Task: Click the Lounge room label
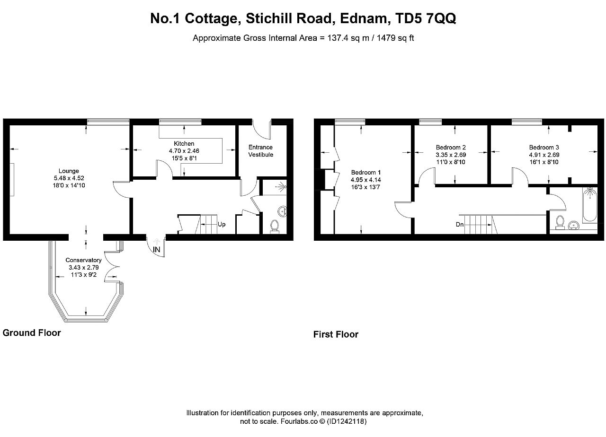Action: pos(69,171)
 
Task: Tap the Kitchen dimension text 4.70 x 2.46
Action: pos(184,151)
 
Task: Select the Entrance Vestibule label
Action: pos(261,151)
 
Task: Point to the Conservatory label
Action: pos(84,260)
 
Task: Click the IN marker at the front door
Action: pos(157,249)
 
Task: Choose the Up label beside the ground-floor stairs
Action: pos(222,224)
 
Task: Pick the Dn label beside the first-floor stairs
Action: pos(460,224)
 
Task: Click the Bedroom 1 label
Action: pos(366,173)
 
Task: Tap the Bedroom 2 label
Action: pos(451,147)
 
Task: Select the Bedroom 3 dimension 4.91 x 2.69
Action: pos(544,155)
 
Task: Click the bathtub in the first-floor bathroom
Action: pos(590,205)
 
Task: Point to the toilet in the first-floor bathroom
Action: pos(560,222)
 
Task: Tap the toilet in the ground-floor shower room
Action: pos(275,226)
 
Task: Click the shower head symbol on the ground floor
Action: pos(282,186)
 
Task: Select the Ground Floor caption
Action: pos(32,332)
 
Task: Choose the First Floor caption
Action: pos(336,334)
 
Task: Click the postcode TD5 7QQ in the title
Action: pos(426,18)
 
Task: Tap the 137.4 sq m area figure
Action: pos(348,38)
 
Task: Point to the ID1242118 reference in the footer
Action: pos(347,421)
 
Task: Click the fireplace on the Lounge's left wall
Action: pos(12,180)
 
